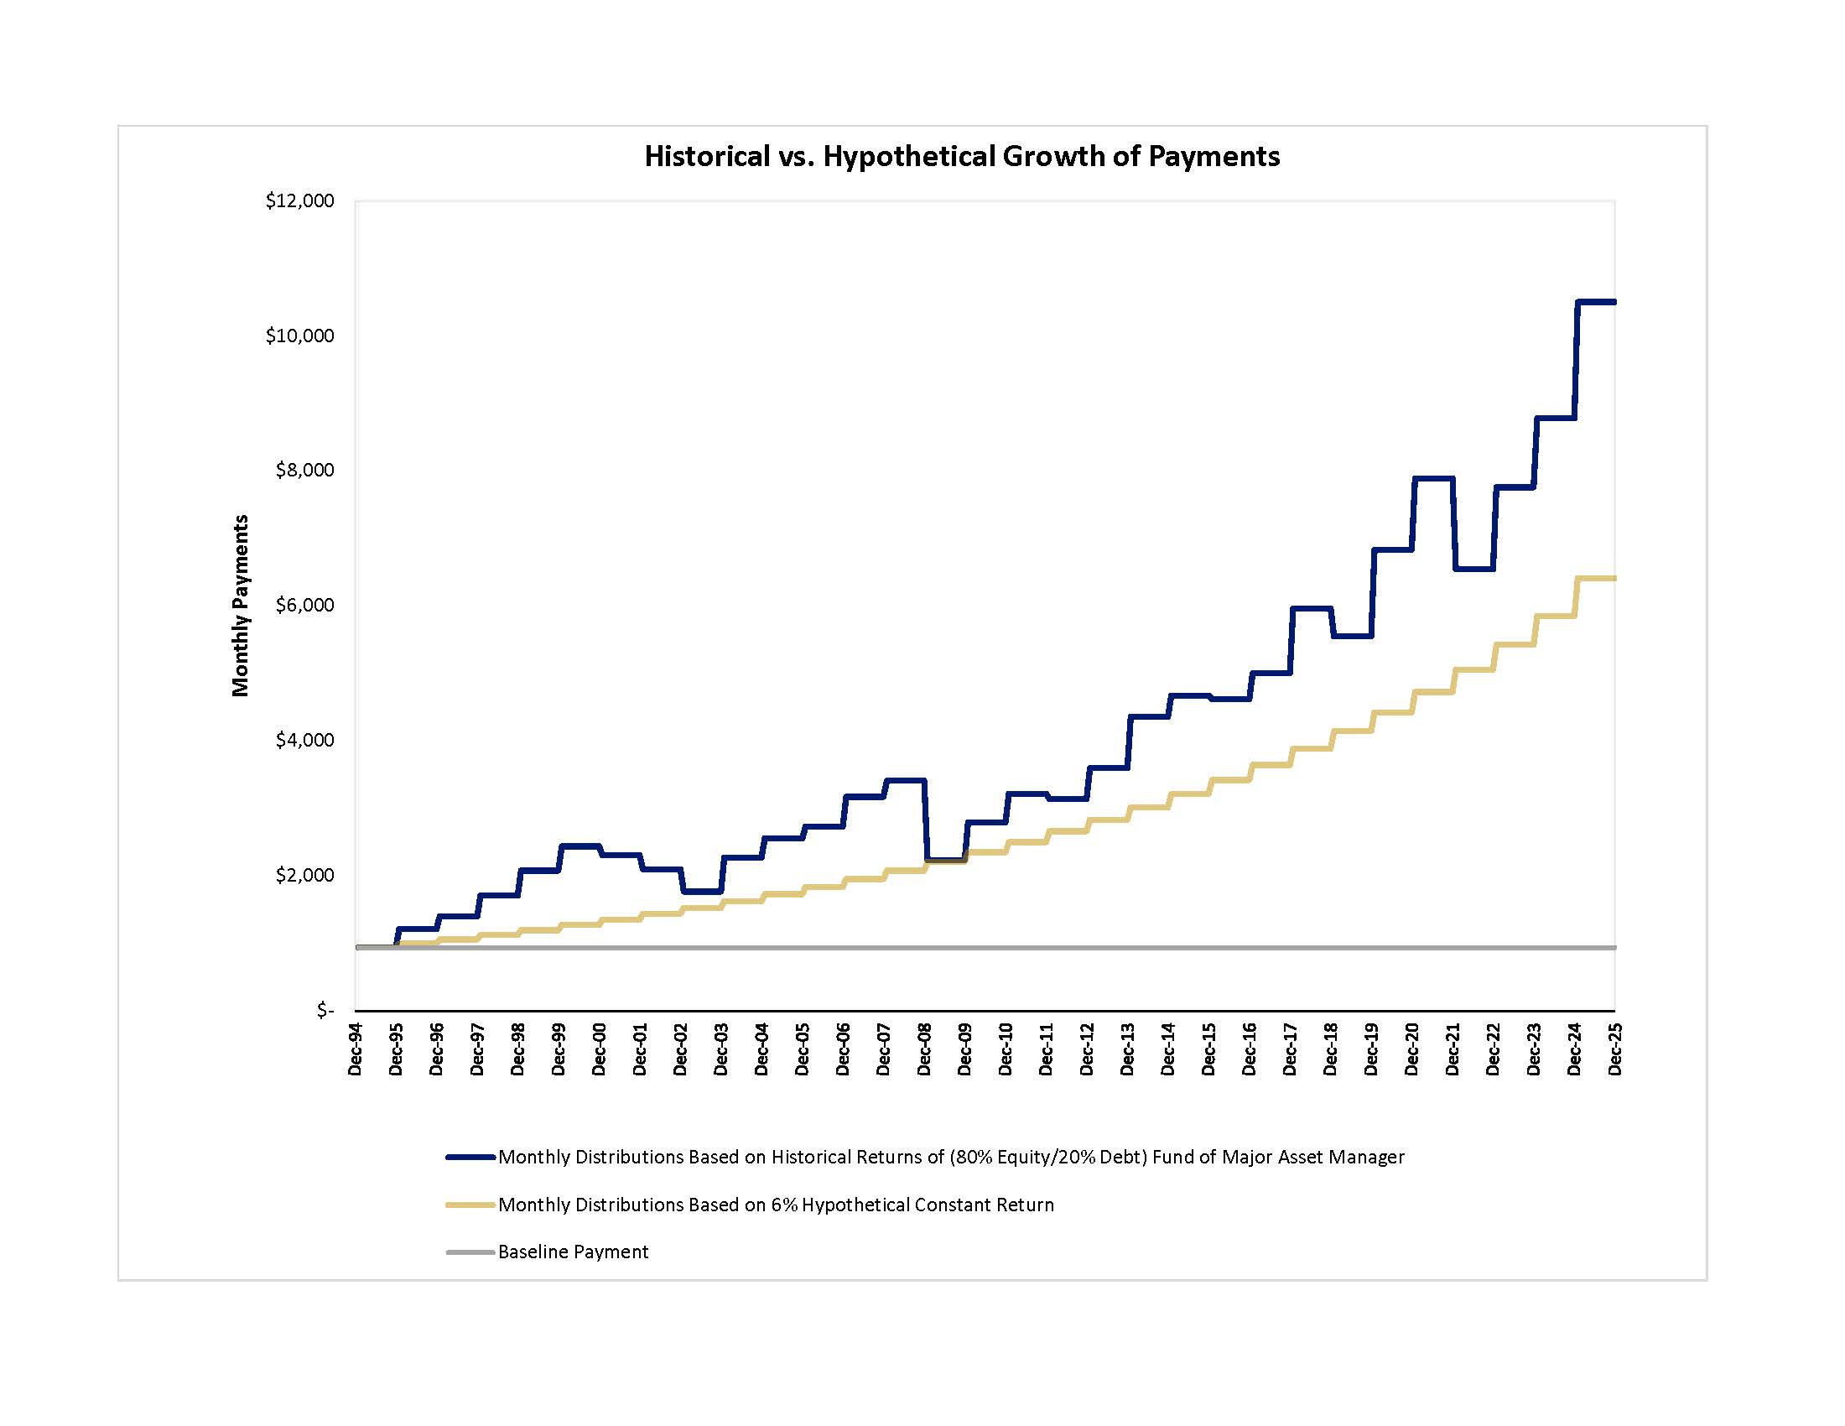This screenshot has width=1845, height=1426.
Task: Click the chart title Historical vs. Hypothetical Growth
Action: [961, 156]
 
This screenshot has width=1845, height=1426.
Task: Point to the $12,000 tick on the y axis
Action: [300, 201]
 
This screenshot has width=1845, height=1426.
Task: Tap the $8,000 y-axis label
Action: [304, 471]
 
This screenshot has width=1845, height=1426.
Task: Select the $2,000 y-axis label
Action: [304, 875]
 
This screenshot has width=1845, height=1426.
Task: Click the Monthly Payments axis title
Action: [241, 605]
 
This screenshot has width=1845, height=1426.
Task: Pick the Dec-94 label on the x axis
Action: [355, 1049]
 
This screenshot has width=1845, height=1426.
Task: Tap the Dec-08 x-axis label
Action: [924, 1049]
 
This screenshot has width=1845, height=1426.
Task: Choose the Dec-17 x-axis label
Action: [1290, 1049]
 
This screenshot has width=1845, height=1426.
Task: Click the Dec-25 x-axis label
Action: [1614, 1049]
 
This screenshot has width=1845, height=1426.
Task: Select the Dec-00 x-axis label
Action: [599, 1049]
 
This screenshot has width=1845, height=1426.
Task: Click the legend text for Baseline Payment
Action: [573, 1252]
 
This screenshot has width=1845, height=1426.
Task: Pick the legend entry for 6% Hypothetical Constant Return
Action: [776, 1205]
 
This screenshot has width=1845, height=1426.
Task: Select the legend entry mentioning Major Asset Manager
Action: [950, 1158]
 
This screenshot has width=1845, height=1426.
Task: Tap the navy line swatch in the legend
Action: [470, 1158]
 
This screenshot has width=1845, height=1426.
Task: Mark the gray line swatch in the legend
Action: [470, 1252]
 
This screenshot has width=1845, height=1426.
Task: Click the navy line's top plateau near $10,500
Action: [1596, 302]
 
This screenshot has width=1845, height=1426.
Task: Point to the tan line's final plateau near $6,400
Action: [1596, 578]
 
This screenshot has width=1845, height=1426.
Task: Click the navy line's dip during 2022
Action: [1473, 569]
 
